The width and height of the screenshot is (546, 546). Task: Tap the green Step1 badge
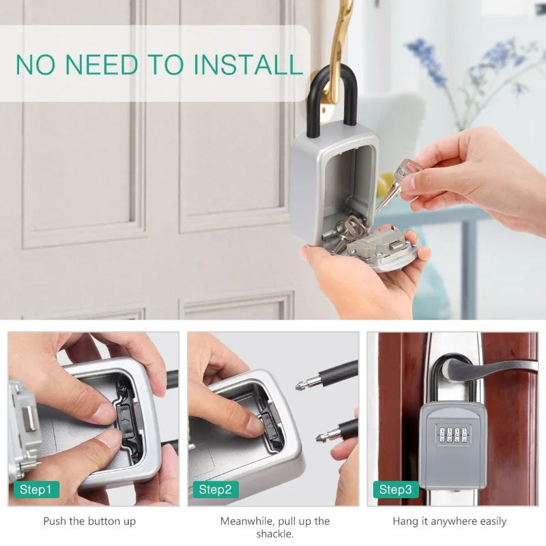[x=35, y=490]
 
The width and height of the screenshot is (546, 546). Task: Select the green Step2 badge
[x=216, y=490]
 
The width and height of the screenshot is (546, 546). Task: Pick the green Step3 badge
[x=396, y=490]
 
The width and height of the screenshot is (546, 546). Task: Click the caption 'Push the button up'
[x=89, y=521]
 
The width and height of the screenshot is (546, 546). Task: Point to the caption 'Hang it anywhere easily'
[x=450, y=521]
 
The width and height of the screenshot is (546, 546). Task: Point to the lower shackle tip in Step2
[x=325, y=435]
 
